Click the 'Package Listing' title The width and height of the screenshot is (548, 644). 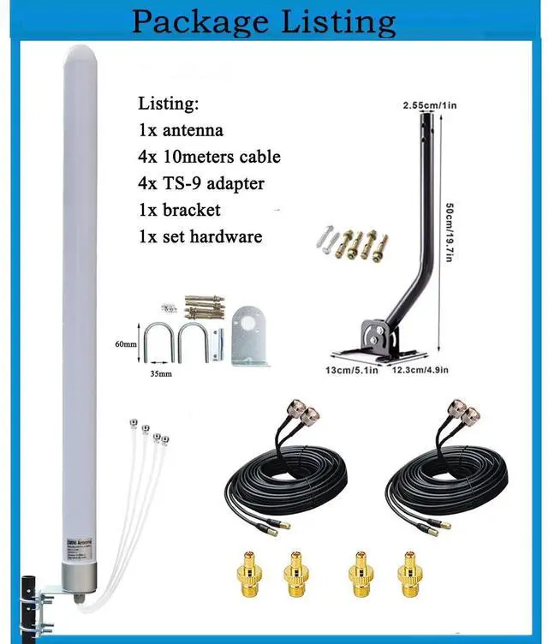point(263,21)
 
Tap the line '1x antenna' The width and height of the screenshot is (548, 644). point(181,130)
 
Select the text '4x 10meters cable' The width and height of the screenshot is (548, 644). point(209,157)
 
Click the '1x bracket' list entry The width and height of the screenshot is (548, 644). point(179,210)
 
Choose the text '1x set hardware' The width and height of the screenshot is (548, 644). point(200,236)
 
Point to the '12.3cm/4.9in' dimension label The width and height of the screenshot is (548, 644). point(420,372)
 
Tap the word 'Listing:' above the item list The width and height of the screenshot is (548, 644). point(169,104)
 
